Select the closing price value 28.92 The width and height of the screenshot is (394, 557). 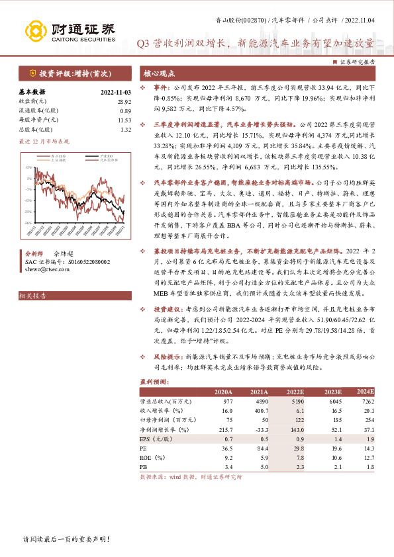tap(124, 101)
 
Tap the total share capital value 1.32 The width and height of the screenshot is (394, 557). tap(125, 130)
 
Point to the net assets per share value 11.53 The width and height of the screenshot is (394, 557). tap(124, 120)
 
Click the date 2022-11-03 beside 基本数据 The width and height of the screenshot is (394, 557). tap(117, 92)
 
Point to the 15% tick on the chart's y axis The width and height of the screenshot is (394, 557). tap(28, 167)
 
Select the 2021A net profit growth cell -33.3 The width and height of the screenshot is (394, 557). tap(257, 429)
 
